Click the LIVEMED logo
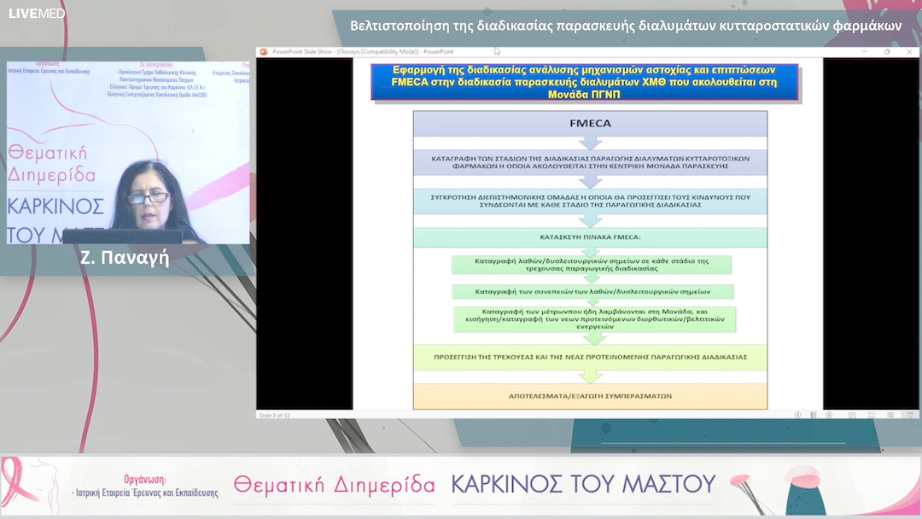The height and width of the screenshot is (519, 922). [37, 14]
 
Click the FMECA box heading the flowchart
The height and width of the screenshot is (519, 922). [590, 124]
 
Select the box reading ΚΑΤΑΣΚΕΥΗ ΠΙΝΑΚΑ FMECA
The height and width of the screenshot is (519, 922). [590, 236]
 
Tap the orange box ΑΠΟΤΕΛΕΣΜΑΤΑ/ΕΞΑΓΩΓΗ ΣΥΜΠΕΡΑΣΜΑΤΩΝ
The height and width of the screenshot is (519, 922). [590, 396]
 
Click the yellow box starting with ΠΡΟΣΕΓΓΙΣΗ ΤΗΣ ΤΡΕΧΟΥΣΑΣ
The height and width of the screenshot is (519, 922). [590, 357]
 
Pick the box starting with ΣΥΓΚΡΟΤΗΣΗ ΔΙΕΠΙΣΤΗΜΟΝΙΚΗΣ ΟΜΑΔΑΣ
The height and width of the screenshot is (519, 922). [590, 201]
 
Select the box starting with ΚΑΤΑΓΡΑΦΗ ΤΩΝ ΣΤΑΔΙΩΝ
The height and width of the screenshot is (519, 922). [590, 162]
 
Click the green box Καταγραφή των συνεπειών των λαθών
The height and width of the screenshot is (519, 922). [592, 292]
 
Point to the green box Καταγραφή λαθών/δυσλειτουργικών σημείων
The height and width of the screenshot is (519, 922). [592, 264]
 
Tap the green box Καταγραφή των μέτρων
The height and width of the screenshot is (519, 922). [595, 318]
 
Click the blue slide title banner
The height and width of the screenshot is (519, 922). [585, 82]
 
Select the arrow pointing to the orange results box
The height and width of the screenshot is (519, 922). [590, 376]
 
